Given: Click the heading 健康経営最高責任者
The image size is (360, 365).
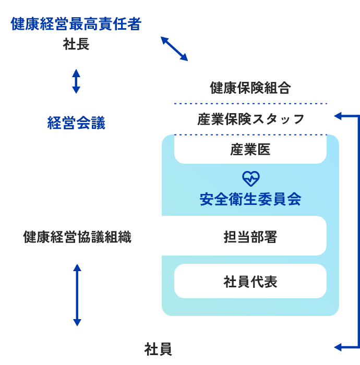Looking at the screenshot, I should point(76,24).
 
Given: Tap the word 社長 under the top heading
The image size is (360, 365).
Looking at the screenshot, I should point(76,45).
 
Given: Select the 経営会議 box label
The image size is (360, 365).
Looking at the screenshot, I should point(76,124).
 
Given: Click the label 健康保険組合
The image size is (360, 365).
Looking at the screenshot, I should point(250,88).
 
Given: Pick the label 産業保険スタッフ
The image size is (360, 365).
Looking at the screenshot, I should point(250,119).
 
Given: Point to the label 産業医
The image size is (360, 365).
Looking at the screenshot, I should point(250,150).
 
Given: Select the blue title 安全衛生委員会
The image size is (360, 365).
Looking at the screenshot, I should point(250,199).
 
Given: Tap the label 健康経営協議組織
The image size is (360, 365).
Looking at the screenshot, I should point(77,238).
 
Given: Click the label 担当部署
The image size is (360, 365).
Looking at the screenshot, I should point(250,238).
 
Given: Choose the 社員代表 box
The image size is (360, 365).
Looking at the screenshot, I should point(250,282).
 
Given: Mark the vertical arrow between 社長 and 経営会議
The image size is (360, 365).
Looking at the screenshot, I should point(76,81).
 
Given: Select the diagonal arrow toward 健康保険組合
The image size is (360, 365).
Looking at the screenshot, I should point(174,49).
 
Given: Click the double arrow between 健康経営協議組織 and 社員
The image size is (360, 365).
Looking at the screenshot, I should point(77,295).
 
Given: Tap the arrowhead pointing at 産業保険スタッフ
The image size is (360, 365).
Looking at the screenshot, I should point(338,116).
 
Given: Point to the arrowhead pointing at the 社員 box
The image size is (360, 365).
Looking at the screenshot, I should point(338,347).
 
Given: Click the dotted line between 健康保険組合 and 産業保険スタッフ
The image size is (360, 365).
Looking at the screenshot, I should point(250,104).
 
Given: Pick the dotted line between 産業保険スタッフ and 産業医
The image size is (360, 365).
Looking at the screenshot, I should point(250,135).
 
